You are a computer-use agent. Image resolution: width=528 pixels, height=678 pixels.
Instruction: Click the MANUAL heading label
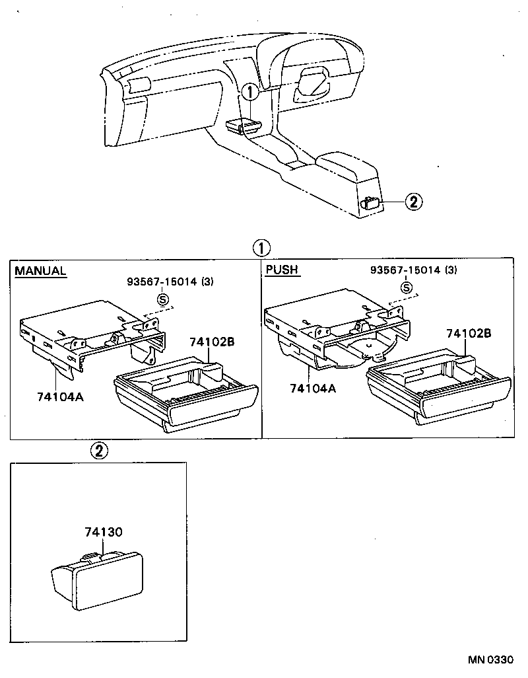40,271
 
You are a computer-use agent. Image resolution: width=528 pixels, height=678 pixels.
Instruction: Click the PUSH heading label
282,270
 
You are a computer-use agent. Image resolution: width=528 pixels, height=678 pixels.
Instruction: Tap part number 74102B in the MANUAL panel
212,342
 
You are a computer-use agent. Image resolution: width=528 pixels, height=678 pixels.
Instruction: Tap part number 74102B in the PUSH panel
469,334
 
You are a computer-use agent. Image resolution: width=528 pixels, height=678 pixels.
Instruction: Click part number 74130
104,531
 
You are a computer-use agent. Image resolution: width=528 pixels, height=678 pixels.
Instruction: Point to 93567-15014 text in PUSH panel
407,270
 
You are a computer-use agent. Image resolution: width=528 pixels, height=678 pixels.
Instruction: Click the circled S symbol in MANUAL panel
162,300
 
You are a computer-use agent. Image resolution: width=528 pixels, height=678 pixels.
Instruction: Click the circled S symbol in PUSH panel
407,287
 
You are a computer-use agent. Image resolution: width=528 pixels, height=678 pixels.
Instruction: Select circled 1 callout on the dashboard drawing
249,92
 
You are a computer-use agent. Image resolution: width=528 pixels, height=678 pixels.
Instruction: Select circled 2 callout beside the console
413,202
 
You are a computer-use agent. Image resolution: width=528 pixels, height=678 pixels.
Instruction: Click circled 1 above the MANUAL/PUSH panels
261,248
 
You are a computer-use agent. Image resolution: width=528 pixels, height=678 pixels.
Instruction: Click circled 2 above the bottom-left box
98,451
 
